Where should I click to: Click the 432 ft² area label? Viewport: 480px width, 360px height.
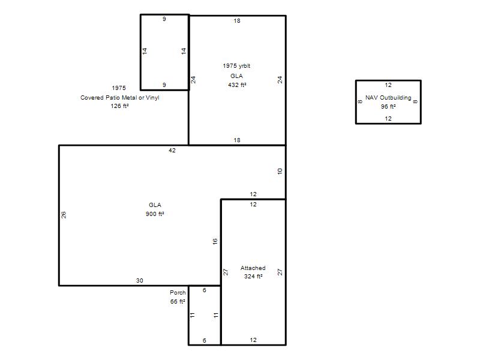point(237,85)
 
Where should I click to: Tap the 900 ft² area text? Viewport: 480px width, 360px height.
point(155,214)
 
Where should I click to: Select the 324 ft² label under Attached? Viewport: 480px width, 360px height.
point(253,276)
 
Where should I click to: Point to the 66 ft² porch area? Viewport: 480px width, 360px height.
point(178,301)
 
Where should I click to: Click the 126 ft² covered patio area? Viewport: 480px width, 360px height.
point(119,106)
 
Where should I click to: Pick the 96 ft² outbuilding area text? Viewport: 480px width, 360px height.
point(388,107)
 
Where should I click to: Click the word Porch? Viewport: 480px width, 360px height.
point(178,292)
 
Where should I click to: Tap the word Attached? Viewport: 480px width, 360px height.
point(253,268)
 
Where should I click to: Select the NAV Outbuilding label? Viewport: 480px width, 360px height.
point(388,98)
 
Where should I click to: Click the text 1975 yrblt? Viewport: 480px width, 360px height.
point(236,66)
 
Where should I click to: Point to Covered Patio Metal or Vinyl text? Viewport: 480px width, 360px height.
point(119,98)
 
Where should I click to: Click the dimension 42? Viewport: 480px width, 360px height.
point(172,151)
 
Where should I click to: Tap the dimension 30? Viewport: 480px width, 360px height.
point(140,280)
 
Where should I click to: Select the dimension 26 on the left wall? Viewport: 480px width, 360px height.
point(64,215)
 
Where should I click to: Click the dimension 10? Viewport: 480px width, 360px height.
point(280,172)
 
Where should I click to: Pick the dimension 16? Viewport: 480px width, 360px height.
point(215,241)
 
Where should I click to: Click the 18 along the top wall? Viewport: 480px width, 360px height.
point(237,21)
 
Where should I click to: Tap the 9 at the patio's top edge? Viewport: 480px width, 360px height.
point(164,19)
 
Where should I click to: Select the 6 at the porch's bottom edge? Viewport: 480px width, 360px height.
point(205,340)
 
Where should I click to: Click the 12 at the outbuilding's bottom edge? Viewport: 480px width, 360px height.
point(388,118)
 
